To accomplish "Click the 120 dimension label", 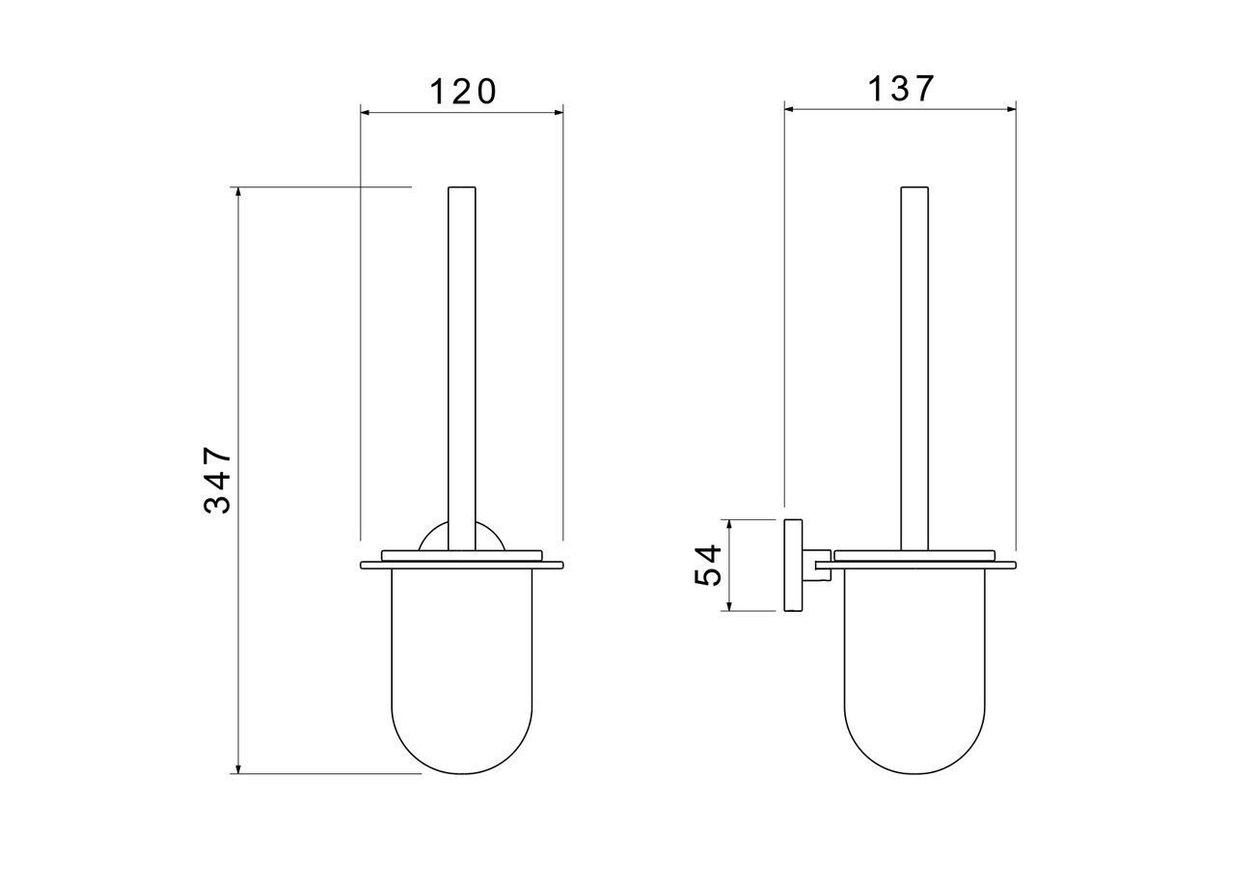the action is click(463, 93).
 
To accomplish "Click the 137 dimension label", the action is click(901, 89).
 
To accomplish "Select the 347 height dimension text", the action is click(218, 480).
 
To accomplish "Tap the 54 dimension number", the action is click(708, 565).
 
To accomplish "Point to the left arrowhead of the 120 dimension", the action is click(365, 113).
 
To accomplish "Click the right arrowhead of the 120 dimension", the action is click(559, 113).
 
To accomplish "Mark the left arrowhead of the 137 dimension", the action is click(789, 109).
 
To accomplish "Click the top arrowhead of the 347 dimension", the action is click(238, 192).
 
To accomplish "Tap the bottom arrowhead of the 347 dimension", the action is click(238, 768).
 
